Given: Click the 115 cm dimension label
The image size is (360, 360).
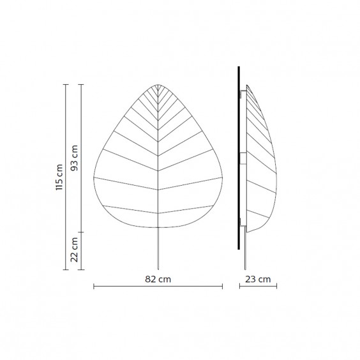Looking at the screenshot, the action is coord(59,177).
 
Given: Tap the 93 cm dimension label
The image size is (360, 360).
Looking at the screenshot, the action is coord(74,158).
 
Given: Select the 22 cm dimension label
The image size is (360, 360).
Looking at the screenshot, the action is coord(74,250).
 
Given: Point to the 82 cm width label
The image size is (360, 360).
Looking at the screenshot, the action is coord(158,279).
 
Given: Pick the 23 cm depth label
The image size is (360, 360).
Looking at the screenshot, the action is coord(258,279).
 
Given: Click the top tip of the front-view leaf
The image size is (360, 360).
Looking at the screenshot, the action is coord(158,84).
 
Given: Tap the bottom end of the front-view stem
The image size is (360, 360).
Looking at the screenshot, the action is coord(158,269).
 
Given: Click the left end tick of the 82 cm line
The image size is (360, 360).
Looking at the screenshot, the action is coord(94,287).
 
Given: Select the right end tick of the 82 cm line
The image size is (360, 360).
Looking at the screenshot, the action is coord(222,287).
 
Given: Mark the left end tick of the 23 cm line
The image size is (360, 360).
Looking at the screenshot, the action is coord(240,287).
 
